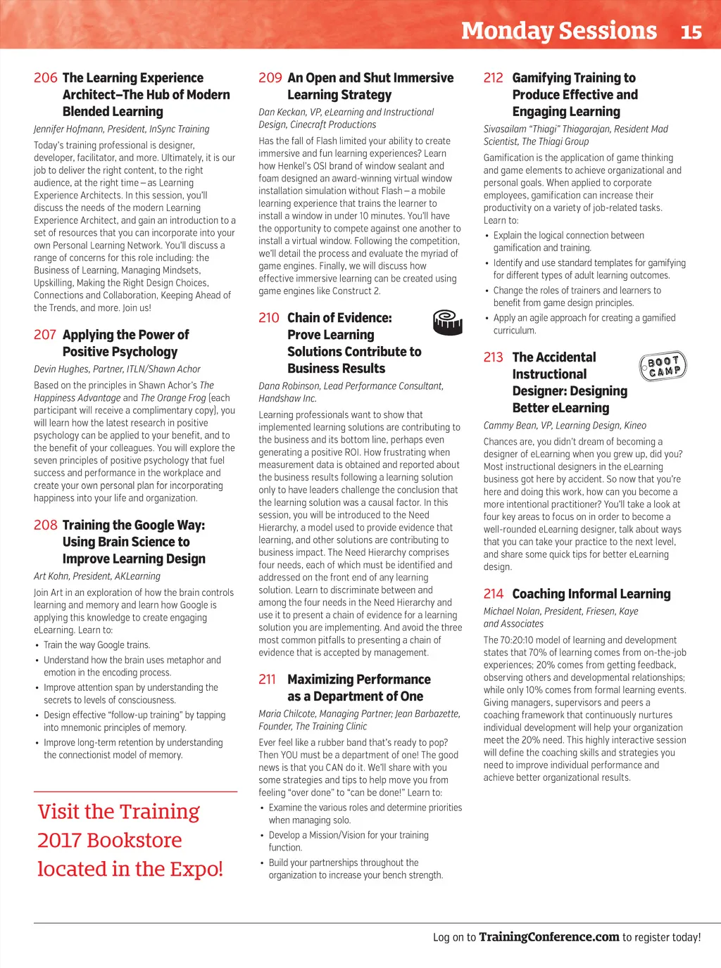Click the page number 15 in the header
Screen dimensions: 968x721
pos(691,32)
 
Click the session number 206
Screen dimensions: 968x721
pos(45,78)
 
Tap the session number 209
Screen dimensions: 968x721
pos(270,78)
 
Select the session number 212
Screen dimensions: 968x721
pos(493,78)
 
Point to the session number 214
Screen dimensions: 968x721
pos(493,594)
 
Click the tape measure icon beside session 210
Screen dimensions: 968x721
pos(447,322)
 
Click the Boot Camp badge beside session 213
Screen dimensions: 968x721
pos(663,366)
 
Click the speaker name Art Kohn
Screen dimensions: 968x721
pos(51,576)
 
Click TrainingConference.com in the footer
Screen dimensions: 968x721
pos(548,937)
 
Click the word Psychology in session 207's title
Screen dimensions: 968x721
pos(139,352)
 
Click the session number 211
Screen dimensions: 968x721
pos(268,680)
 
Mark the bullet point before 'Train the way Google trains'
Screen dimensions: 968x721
pos(37,646)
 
